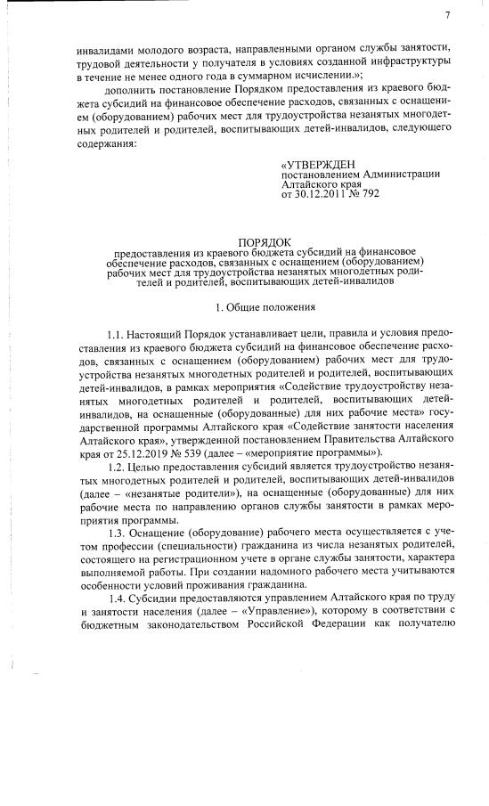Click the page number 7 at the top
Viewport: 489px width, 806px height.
(x=448, y=15)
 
